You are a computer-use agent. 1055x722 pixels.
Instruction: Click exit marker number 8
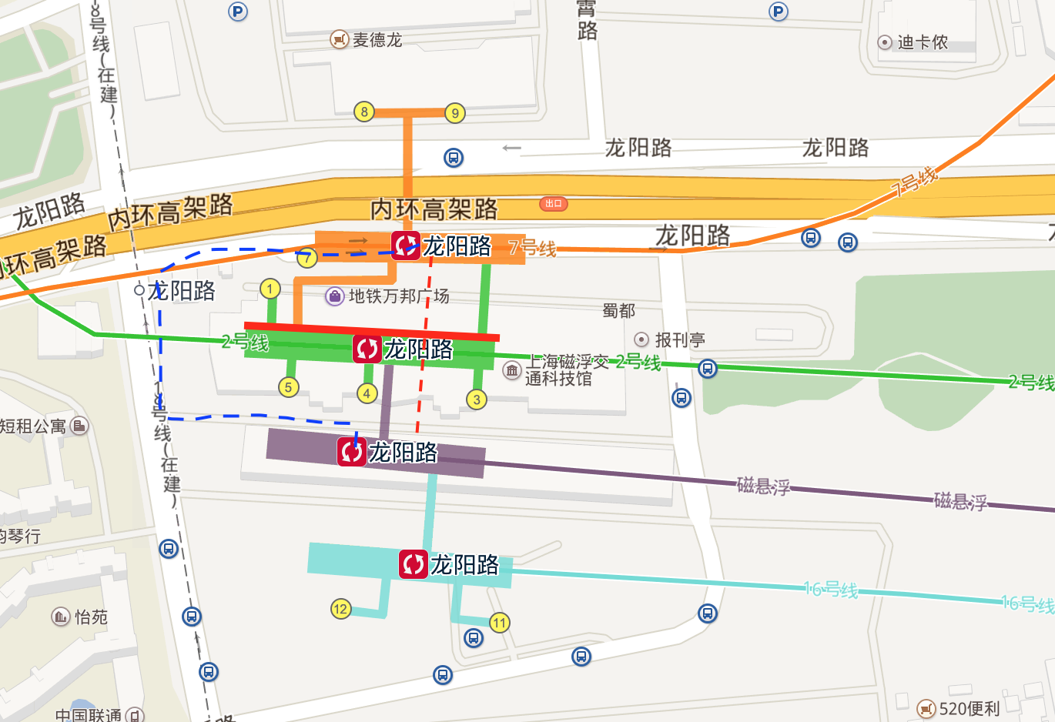(364, 112)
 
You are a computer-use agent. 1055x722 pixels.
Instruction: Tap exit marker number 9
(455, 113)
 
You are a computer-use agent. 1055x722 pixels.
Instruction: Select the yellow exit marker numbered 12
(340, 609)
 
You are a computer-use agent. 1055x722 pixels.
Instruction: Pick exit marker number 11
(500, 623)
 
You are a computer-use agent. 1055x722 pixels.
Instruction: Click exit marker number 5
(288, 387)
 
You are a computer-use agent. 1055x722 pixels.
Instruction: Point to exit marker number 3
(477, 399)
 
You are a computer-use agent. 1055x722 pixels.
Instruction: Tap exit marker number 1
(270, 289)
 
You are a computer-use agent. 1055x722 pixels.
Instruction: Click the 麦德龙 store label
(377, 39)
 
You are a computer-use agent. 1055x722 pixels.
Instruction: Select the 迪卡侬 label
(922, 42)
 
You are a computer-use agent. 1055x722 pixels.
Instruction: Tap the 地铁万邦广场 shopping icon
(335, 296)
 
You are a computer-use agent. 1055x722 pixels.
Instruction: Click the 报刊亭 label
(679, 339)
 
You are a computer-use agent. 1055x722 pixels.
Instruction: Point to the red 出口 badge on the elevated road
(553, 203)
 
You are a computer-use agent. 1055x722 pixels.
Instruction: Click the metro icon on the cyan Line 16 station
(413, 564)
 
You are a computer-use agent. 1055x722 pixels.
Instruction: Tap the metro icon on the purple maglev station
(352, 451)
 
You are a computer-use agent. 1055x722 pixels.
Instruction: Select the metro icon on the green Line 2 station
(367, 349)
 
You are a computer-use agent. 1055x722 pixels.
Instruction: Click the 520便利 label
(969, 708)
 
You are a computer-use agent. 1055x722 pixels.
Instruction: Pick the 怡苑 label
(90, 617)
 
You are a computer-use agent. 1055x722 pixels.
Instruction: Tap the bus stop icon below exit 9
(454, 158)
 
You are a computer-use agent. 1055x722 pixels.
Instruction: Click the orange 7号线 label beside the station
(532, 248)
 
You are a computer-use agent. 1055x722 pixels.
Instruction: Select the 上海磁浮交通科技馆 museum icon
(512, 371)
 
